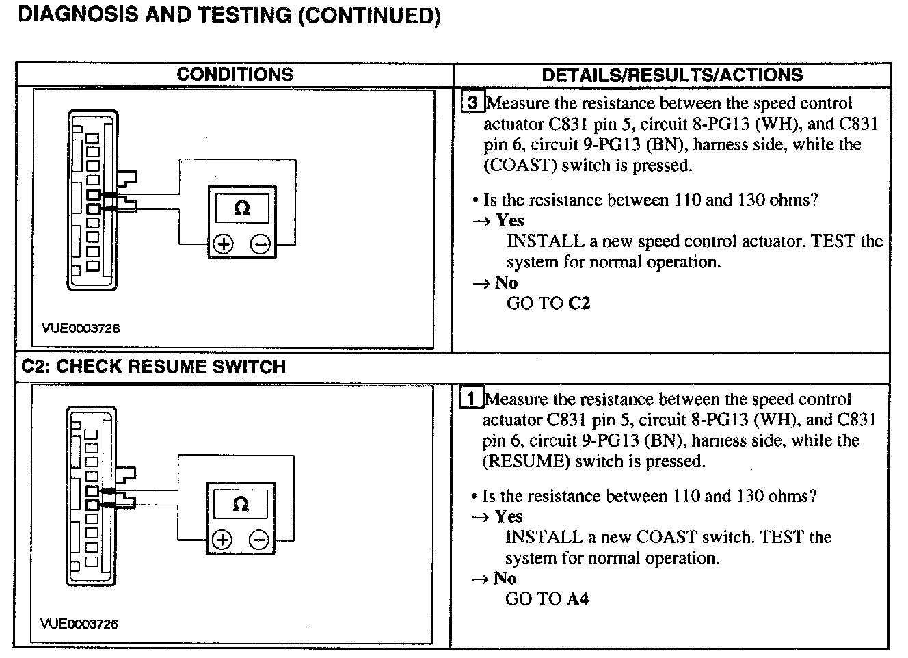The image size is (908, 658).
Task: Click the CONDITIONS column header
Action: coord(235,75)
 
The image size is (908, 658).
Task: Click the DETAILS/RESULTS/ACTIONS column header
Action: coord(672,75)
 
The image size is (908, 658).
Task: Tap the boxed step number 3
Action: coord(472,103)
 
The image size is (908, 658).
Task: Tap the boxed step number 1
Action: coord(472,399)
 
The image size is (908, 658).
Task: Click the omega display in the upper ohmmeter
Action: coord(242,208)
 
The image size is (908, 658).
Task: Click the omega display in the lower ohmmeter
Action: coord(241,504)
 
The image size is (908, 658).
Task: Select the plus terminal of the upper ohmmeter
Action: coord(224,244)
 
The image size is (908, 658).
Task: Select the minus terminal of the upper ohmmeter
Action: coord(260,244)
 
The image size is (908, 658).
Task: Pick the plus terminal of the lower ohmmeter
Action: coord(222,540)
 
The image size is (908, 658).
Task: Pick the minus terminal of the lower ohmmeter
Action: coord(259,540)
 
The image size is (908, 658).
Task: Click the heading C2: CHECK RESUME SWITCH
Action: coord(154,367)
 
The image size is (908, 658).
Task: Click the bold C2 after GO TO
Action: coord(578,303)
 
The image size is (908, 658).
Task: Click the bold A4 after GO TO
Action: coord(577,599)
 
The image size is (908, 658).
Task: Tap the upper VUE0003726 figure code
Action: coord(81,328)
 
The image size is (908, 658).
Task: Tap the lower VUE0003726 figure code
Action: coord(79,624)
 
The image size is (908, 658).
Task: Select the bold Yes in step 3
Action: coord(510,220)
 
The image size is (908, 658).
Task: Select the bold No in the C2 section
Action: coord(505,579)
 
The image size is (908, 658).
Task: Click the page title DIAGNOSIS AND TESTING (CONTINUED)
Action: coord(229,15)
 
